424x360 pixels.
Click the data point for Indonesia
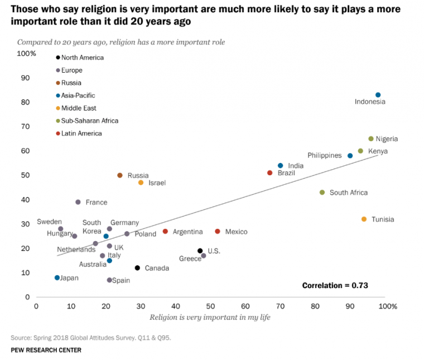pos(378,95)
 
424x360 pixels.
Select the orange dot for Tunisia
pos(364,219)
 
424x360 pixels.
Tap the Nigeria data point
pos(371,138)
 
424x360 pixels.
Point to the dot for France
pos(78,202)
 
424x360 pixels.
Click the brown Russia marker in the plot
pos(120,175)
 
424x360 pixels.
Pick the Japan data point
pos(57,277)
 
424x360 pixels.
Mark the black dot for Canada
pos(137,268)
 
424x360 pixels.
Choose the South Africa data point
pos(322,193)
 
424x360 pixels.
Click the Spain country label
pos(121,280)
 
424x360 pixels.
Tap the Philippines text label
pos(324,156)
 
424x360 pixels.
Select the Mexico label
pos(236,232)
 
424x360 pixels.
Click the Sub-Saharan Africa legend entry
pos(90,121)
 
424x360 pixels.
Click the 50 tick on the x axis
pos(210,306)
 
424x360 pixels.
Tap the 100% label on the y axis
pos(26,54)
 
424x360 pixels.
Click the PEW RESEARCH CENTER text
pos(46,350)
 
